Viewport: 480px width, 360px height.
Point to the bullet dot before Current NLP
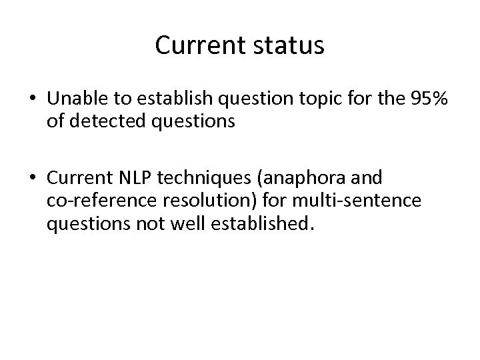(x=32, y=179)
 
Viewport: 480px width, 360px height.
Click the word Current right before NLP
(x=81, y=179)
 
